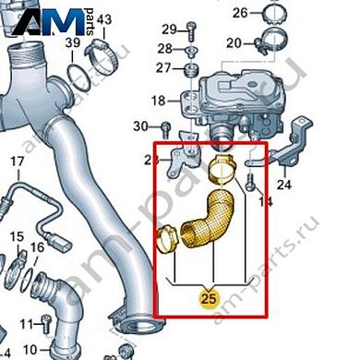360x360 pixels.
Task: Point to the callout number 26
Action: (x=240, y=12)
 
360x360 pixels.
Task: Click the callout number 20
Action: (x=234, y=42)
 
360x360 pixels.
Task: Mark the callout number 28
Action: (x=164, y=48)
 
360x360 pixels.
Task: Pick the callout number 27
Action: (x=163, y=68)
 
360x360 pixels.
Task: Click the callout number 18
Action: (x=159, y=100)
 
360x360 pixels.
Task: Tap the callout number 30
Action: (x=140, y=126)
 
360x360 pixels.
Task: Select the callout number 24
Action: (x=284, y=186)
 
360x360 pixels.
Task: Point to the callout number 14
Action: (x=267, y=200)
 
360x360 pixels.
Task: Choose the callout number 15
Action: (x=16, y=238)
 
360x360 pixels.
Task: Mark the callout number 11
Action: (x=26, y=323)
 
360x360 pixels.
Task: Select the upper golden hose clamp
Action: (x=222, y=169)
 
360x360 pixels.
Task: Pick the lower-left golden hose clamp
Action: (x=167, y=240)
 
